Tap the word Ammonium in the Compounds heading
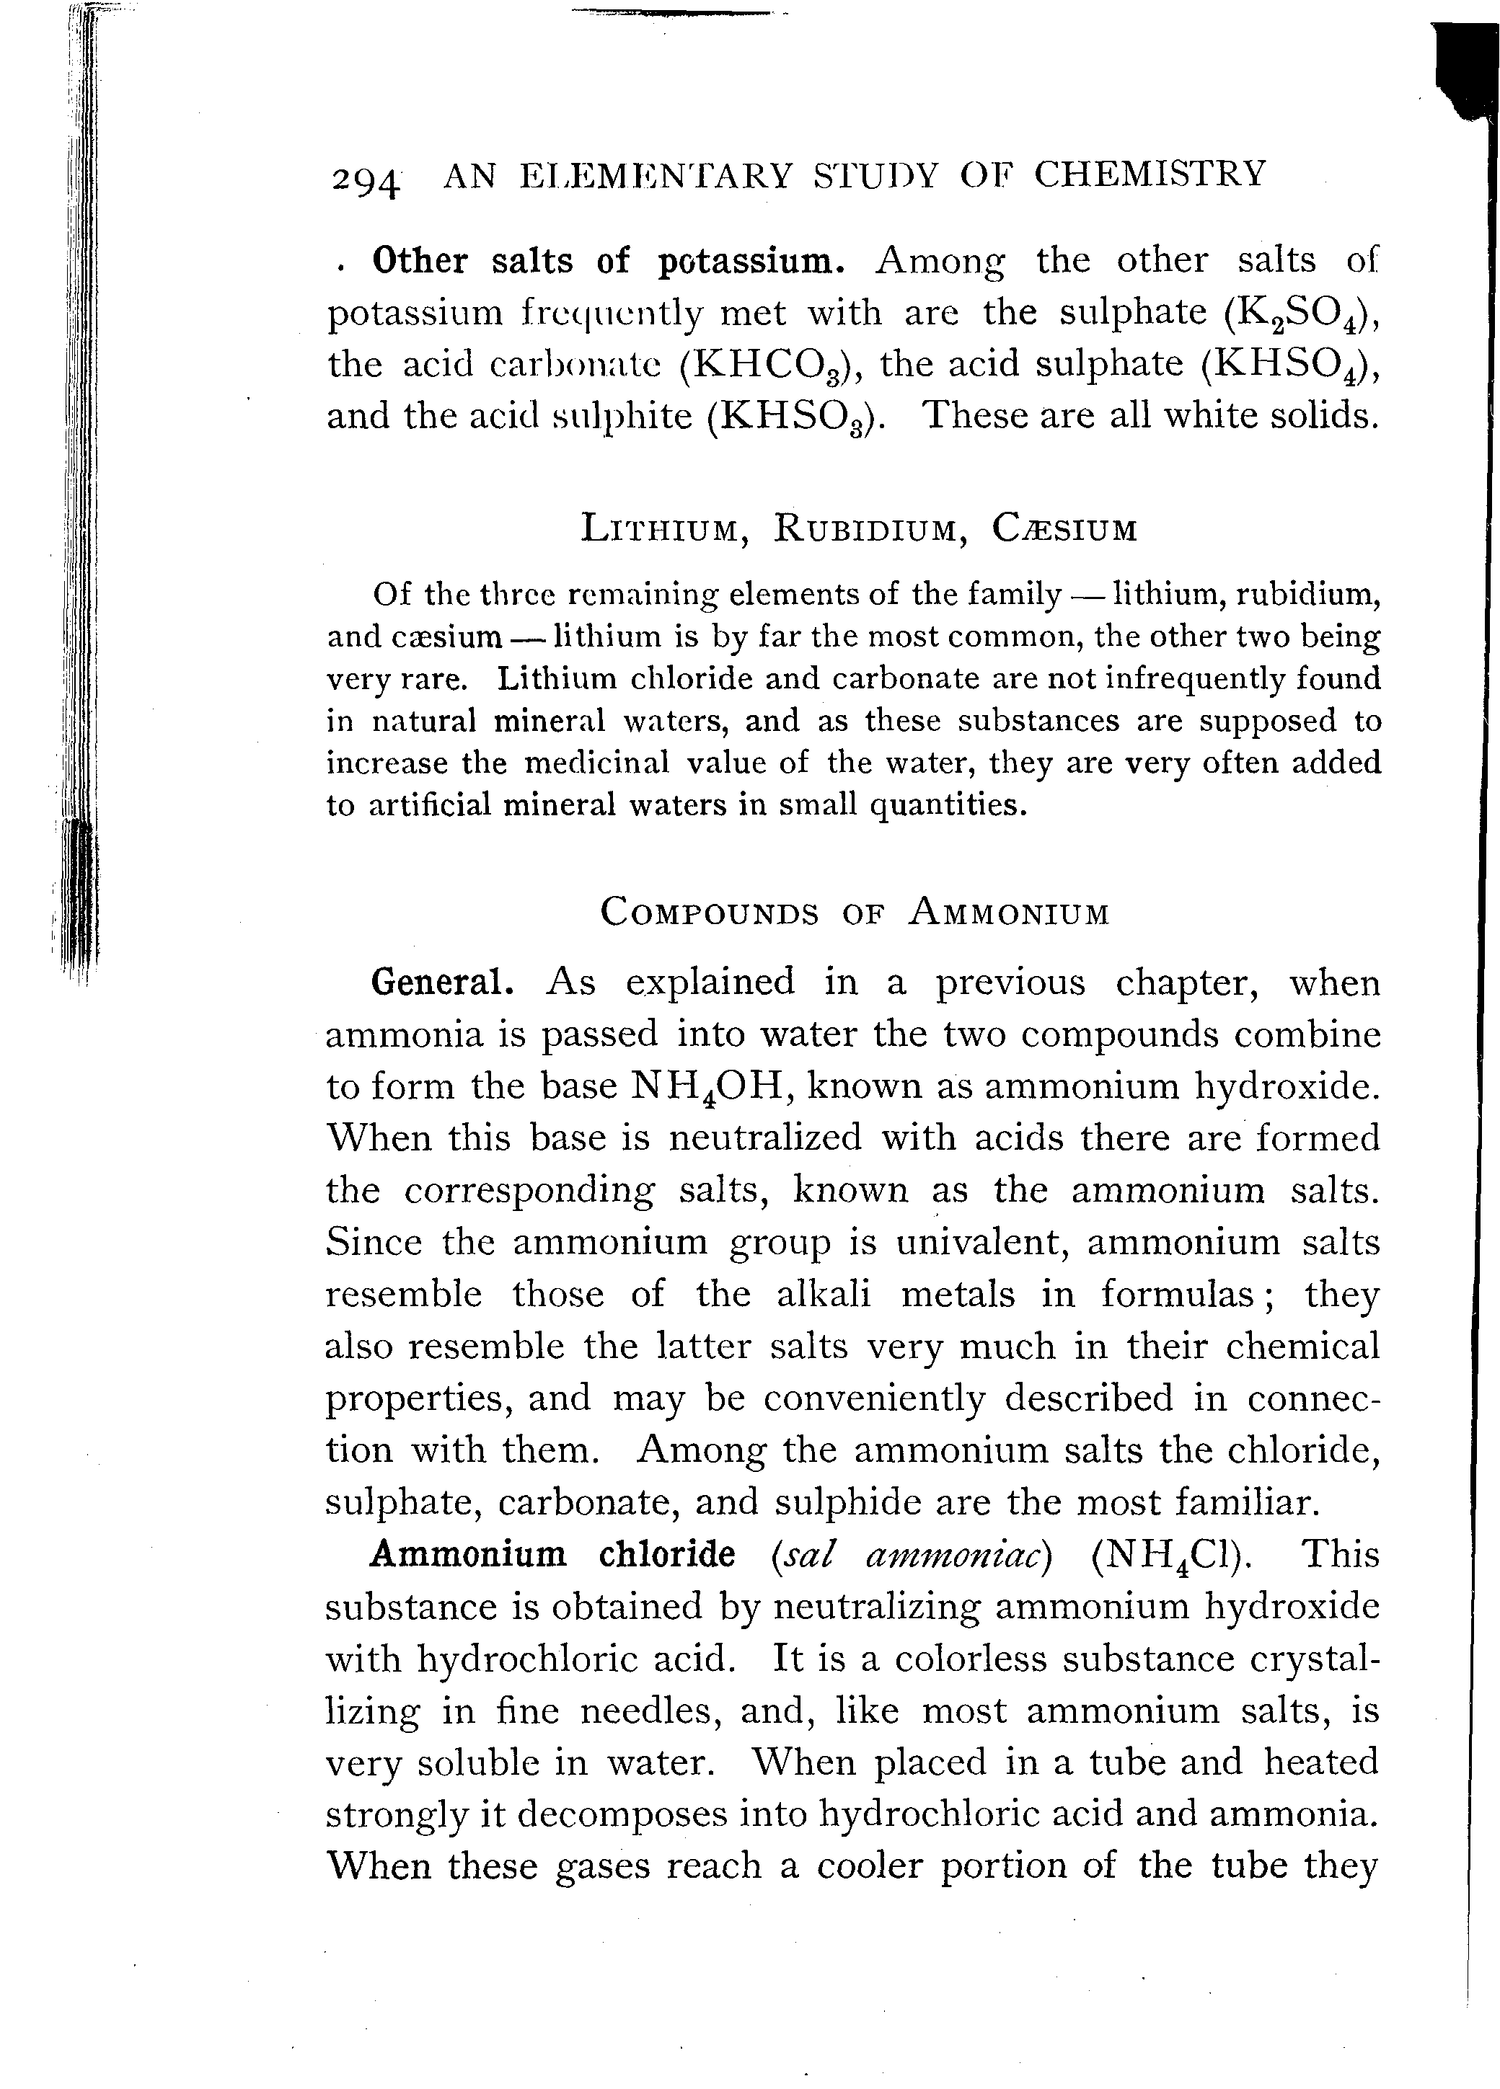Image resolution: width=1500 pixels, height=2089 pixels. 1008,912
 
